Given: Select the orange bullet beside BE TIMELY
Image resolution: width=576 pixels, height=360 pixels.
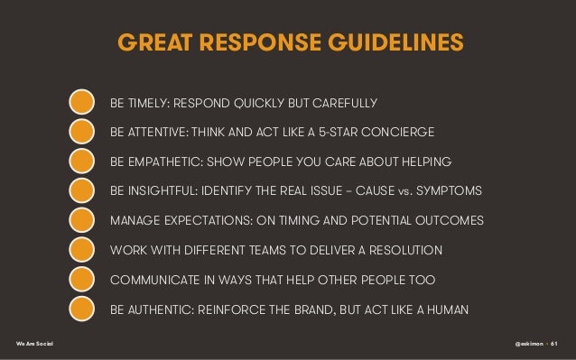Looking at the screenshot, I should (81, 101).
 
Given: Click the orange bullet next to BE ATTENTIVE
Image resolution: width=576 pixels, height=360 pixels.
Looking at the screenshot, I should (81, 132).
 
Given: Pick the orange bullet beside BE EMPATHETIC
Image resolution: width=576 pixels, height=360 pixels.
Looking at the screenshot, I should (81, 162).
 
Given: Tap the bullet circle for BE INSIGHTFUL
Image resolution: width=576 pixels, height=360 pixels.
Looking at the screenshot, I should (81, 191).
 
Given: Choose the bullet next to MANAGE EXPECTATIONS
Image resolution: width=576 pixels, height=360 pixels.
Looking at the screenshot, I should (81, 221).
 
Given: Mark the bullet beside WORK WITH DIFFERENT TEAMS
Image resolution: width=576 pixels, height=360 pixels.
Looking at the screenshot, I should (81, 251).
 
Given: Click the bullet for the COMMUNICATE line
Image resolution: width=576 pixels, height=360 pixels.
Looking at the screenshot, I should (81, 281).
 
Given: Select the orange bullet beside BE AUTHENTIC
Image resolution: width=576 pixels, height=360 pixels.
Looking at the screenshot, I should (81, 309).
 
